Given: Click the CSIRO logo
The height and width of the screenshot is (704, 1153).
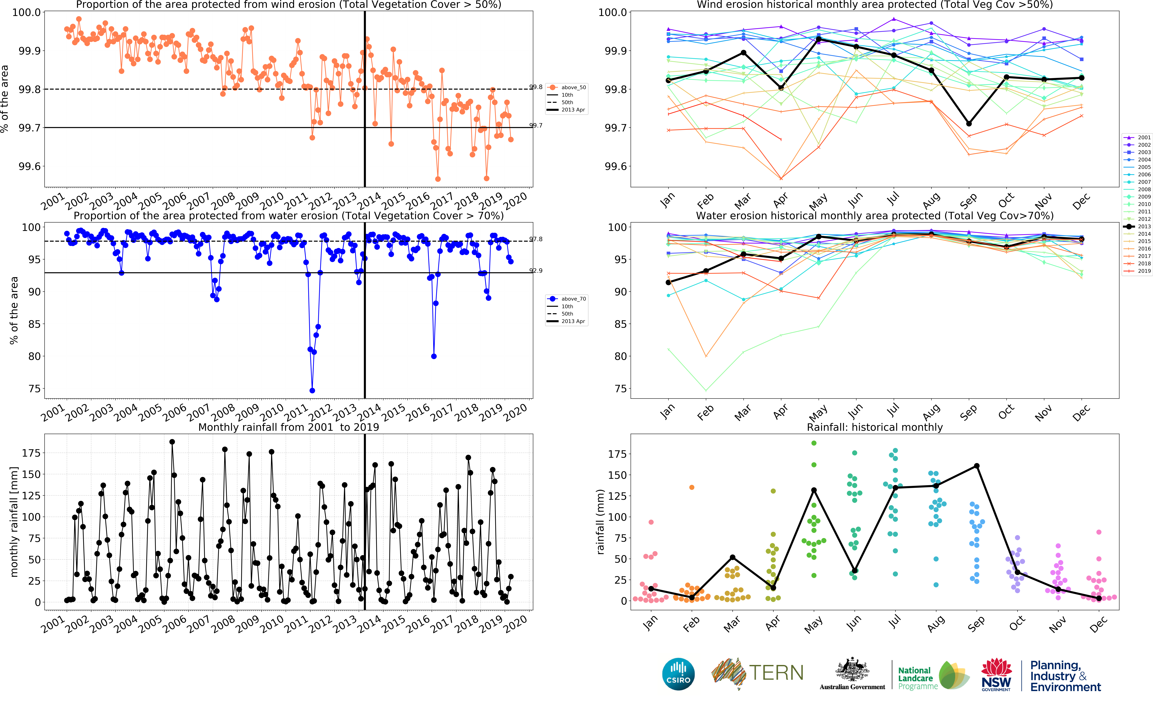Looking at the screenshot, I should click(x=678, y=674).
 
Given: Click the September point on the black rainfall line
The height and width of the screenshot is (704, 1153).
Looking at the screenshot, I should click(x=977, y=466).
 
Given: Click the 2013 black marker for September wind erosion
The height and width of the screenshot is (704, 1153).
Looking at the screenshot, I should click(x=969, y=124).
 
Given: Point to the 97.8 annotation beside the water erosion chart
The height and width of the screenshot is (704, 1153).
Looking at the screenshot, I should click(x=536, y=239).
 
